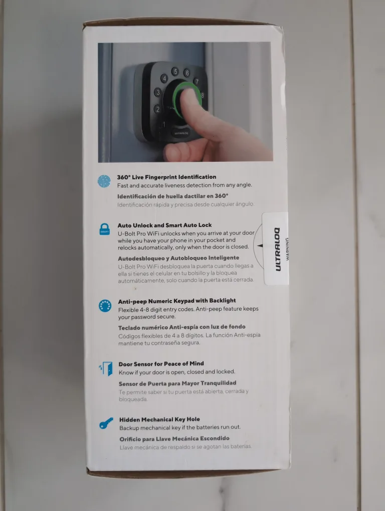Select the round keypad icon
click(105, 305)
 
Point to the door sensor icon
click(105, 369)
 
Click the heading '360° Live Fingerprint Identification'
click(166, 177)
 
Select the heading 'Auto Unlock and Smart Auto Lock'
click(164, 225)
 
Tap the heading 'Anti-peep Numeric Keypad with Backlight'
click(176, 301)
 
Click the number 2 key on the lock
click(157, 109)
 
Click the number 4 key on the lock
click(163, 79)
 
